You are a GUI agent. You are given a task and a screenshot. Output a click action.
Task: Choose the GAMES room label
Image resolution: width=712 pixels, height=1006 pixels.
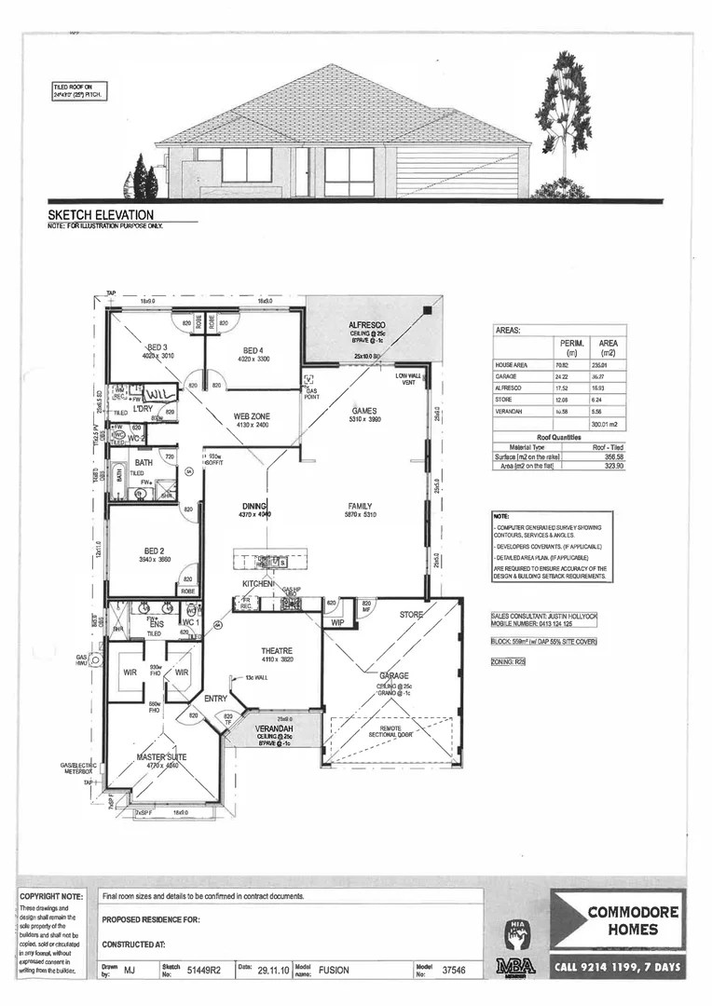click(x=363, y=410)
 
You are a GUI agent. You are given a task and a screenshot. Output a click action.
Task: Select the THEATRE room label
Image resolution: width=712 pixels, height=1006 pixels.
click(x=276, y=650)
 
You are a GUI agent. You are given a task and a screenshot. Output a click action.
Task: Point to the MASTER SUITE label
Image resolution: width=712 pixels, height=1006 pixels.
click(x=162, y=757)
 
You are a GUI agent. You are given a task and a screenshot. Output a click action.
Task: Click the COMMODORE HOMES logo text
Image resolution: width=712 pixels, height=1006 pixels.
click(x=633, y=921)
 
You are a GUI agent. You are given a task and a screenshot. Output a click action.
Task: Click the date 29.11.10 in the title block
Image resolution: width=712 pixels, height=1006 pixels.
click(x=273, y=970)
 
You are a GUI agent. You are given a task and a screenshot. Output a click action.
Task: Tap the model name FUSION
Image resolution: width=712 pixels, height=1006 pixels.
click(x=333, y=970)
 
